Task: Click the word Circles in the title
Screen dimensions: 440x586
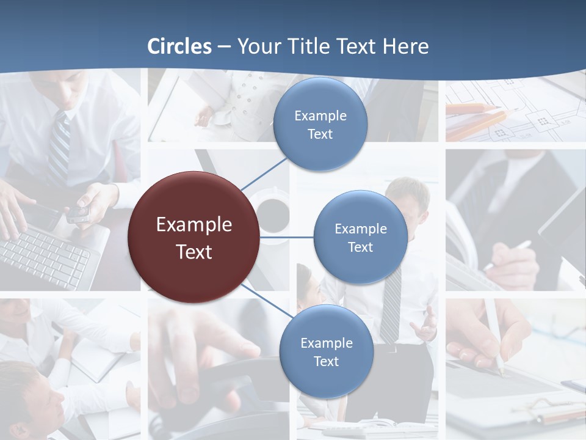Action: click(179, 46)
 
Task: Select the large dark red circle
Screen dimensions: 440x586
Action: click(194, 237)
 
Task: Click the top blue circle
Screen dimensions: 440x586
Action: click(320, 125)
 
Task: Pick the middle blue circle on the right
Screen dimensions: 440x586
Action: click(360, 237)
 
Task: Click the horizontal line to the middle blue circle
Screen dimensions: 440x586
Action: click(287, 237)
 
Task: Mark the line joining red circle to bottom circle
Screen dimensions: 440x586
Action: click(266, 301)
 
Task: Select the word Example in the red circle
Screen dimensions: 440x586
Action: click(194, 224)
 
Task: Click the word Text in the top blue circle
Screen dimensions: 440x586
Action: click(320, 134)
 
